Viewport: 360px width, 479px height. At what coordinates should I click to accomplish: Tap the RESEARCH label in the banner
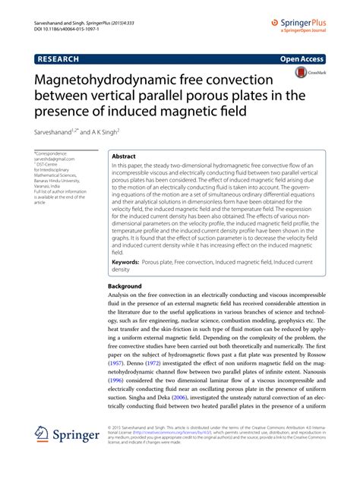tap(61, 58)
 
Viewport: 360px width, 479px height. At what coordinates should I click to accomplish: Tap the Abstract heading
tap(123, 154)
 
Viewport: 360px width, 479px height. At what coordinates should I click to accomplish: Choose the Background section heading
tap(125, 286)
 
